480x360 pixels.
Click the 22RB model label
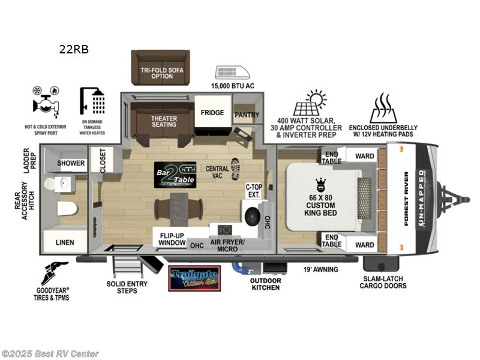[x=73, y=50]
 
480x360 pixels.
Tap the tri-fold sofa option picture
[x=161, y=67]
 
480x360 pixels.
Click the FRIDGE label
[x=212, y=113]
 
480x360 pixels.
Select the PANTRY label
[x=246, y=115]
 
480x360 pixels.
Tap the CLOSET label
[x=103, y=161]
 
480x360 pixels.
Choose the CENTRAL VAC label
[x=218, y=173]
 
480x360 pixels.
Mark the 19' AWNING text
[x=321, y=269]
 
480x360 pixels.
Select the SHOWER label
[x=71, y=163]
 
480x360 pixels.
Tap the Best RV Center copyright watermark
[x=50, y=354]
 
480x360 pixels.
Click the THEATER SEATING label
[x=164, y=121]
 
